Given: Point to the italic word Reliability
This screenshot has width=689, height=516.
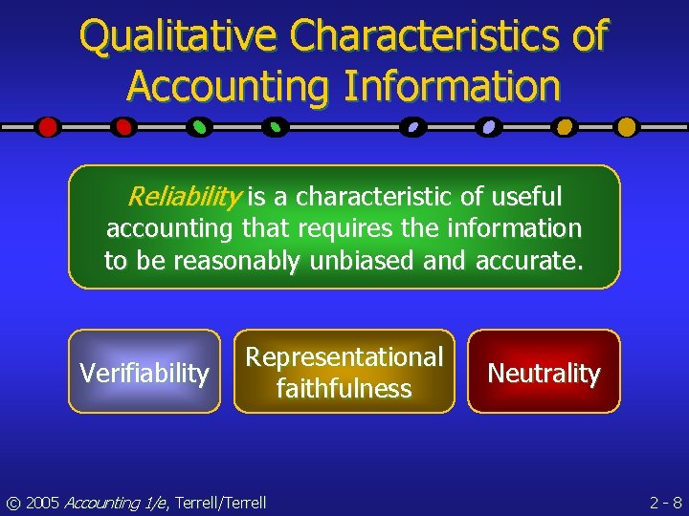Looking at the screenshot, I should (x=184, y=198).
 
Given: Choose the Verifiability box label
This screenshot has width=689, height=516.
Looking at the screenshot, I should (x=144, y=373).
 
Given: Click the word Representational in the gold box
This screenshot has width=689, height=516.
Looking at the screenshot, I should (x=344, y=357).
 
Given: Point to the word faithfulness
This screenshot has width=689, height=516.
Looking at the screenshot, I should (x=344, y=389).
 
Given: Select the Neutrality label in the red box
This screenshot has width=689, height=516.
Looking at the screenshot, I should (x=544, y=374).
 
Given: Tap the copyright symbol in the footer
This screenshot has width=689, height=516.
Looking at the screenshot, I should (x=12, y=502).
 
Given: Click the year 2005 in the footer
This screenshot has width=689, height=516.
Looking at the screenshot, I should (x=42, y=502).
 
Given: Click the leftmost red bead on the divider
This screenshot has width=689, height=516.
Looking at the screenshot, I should (x=49, y=126).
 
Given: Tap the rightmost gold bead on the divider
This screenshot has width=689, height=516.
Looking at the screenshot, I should (x=626, y=126).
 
